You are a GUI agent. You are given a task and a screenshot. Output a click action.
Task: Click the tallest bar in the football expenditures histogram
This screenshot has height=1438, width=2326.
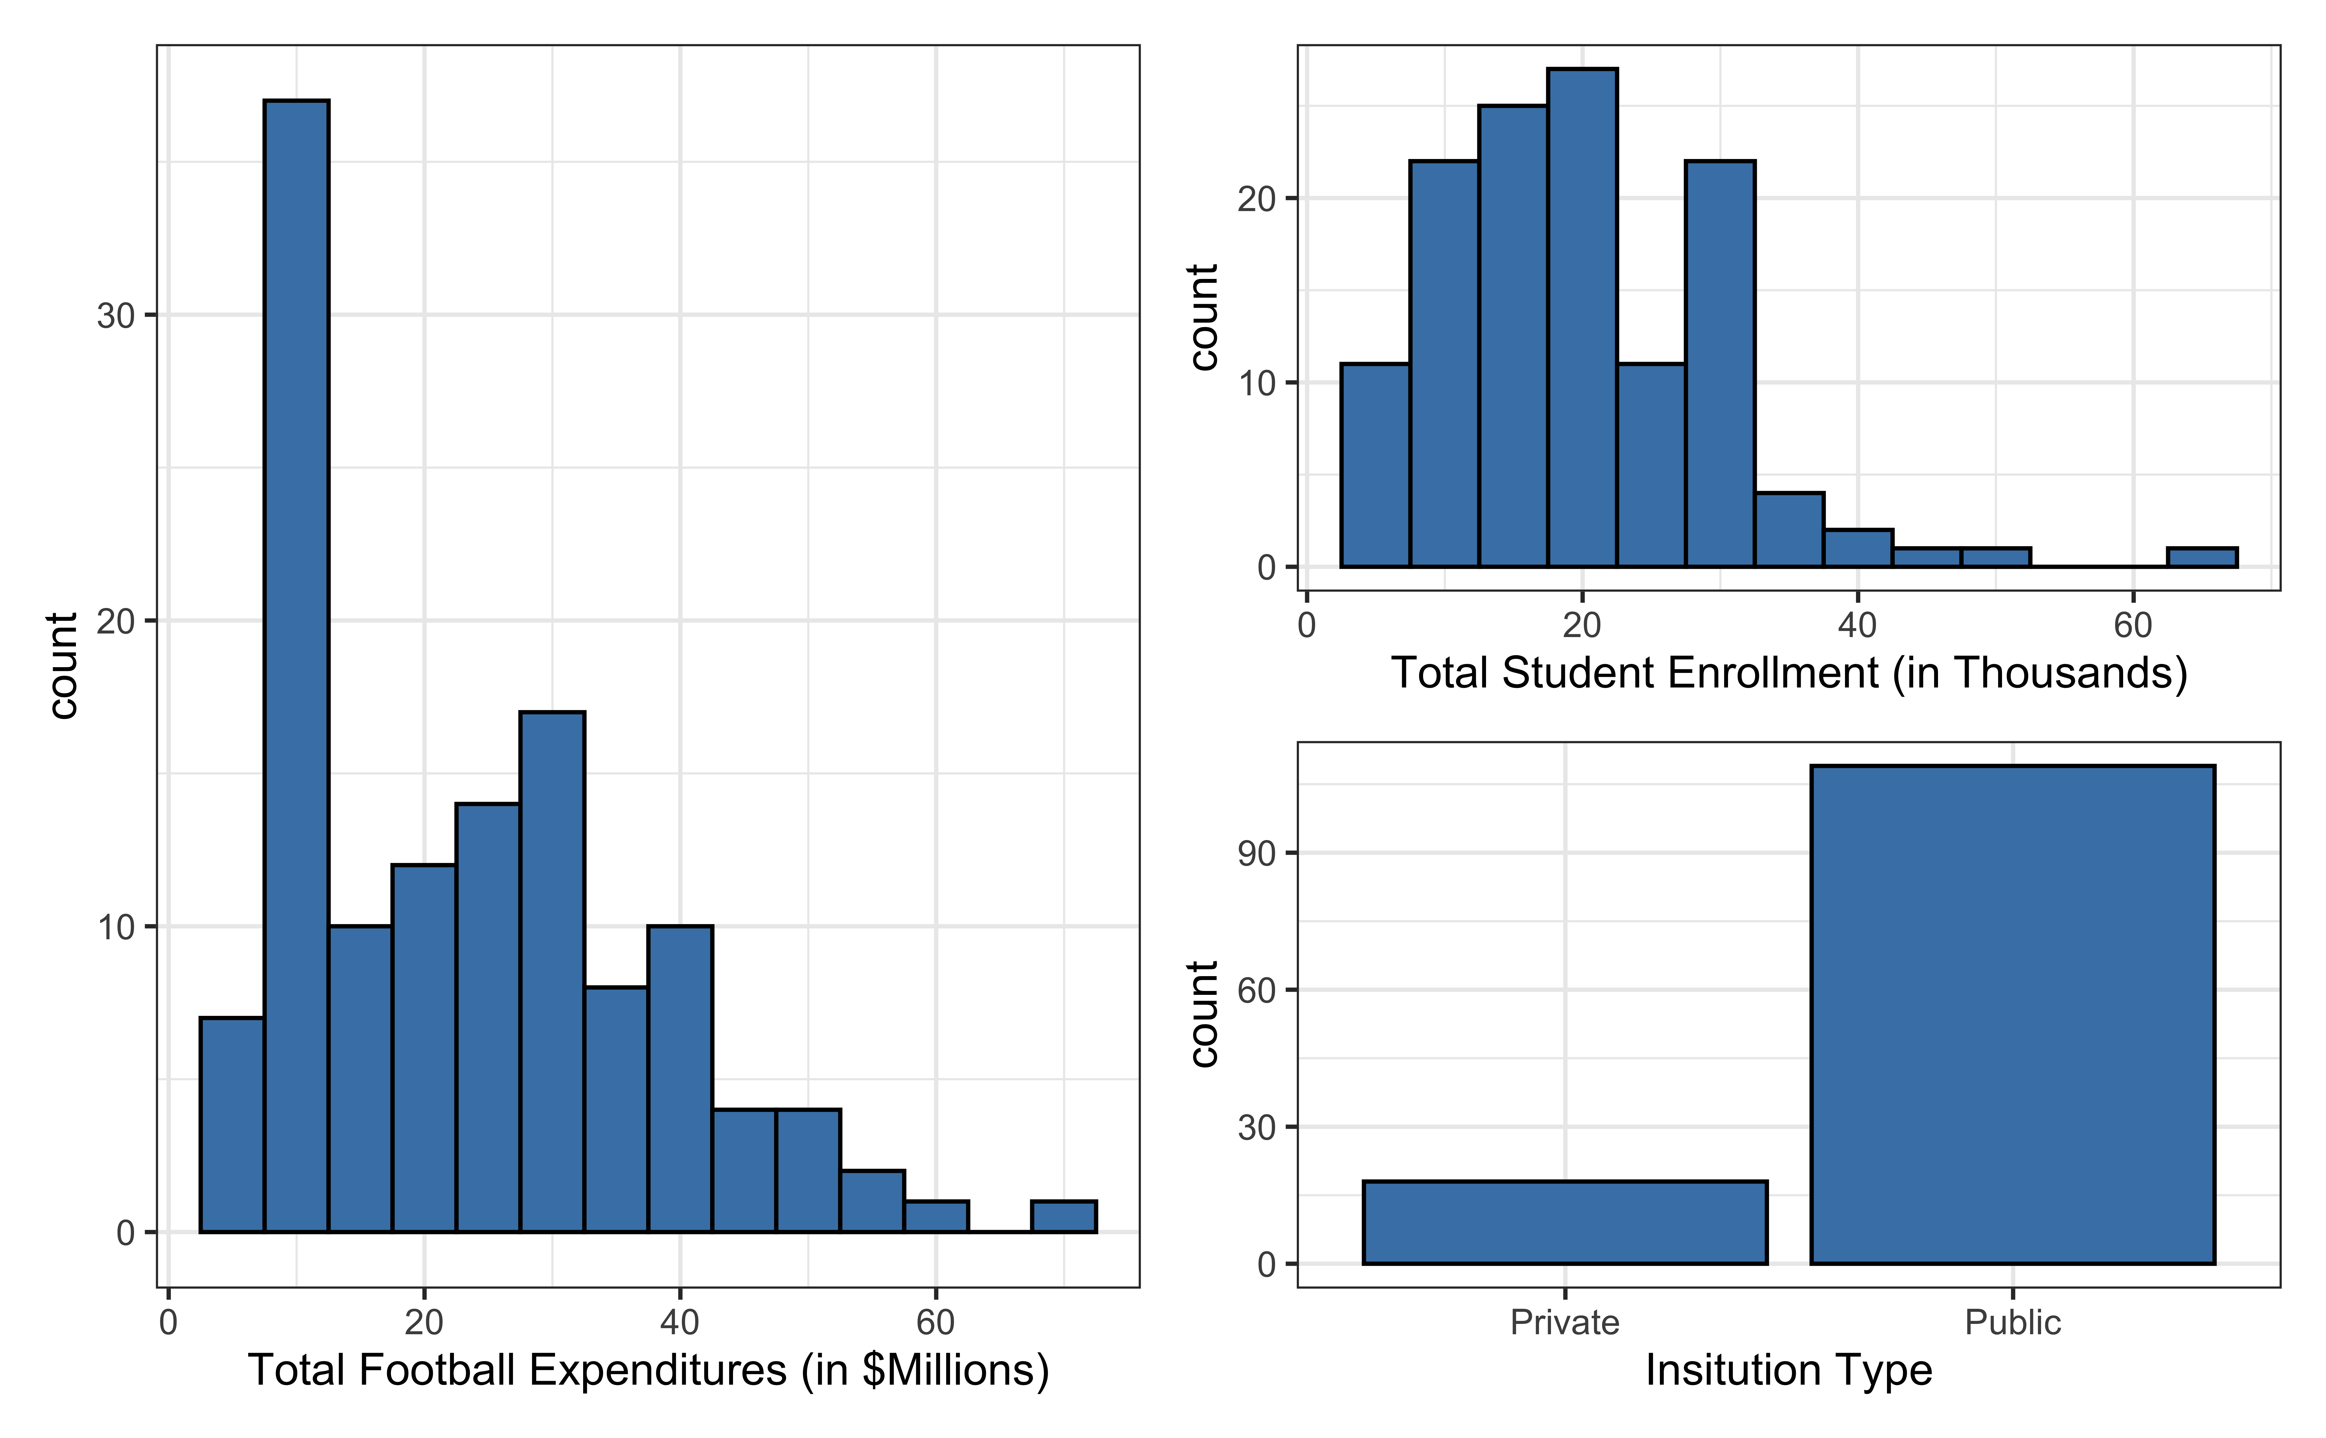297,666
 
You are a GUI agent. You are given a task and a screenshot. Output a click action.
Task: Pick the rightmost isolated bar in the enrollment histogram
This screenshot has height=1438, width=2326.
2202,557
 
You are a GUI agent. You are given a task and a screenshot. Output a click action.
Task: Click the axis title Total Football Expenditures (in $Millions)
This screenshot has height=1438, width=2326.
648,1370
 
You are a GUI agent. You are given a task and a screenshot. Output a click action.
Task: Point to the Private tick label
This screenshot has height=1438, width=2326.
1565,1323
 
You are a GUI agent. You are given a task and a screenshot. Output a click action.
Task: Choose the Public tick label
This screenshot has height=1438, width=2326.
2012,1323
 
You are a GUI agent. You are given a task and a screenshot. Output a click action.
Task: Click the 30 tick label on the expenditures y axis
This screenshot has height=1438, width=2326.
116,316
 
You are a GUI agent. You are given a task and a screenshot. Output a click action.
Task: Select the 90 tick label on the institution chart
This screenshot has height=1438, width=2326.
1257,854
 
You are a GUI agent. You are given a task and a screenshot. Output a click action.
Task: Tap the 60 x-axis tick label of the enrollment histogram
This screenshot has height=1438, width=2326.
2132,626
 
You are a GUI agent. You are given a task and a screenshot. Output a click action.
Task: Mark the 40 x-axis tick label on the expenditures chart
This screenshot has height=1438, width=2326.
680,1323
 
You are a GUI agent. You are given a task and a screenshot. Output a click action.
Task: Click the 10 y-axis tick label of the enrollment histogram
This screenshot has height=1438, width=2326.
1257,384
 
